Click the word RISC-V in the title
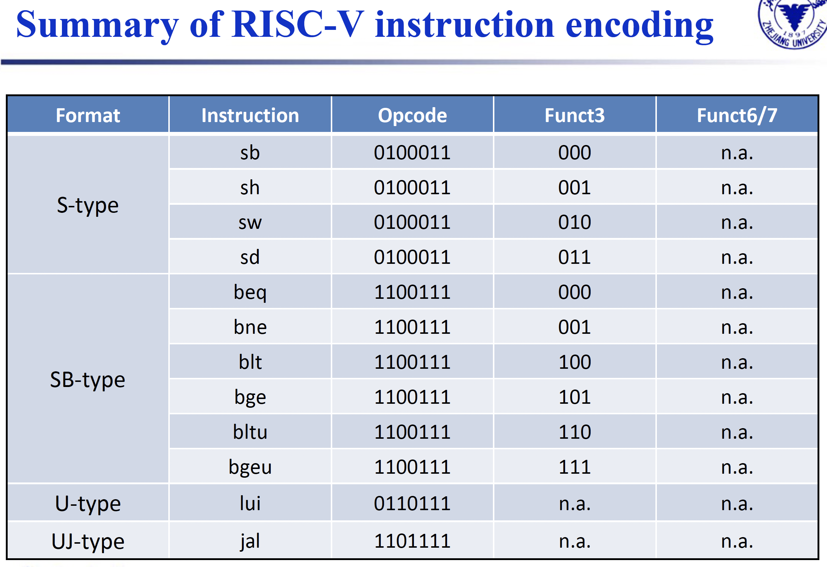pyautogui.click(x=298, y=24)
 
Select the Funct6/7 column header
pyautogui.click(x=737, y=116)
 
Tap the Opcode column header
pyautogui.click(x=412, y=116)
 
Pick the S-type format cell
pyautogui.click(x=88, y=205)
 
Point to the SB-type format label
pyautogui.click(x=88, y=379)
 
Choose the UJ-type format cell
pyautogui.click(x=88, y=541)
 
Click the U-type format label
pyautogui.click(x=88, y=504)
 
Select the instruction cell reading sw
pyautogui.click(x=250, y=222)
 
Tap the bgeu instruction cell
pyautogui.click(x=250, y=467)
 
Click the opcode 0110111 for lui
pyautogui.click(x=412, y=504)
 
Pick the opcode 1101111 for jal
pyautogui.click(x=412, y=541)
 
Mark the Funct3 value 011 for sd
pyautogui.click(x=575, y=257)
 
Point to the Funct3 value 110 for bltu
pyautogui.click(x=575, y=432)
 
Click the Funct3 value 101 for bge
pyautogui.click(x=575, y=397)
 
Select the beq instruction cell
pyautogui.click(x=250, y=292)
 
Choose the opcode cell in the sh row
pyautogui.click(x=412, y=188)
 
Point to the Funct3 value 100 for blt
pyautogui.click(x=575, y=362)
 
